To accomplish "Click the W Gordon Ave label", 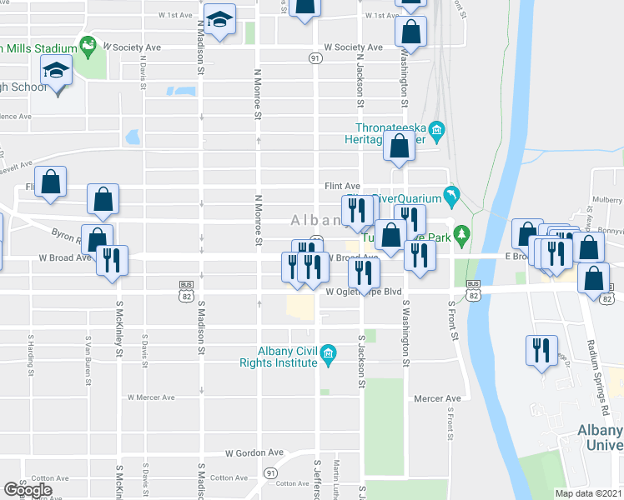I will coord(254,452).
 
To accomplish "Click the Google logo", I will coord(28,489).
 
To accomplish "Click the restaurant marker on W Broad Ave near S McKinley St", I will coord(112,259).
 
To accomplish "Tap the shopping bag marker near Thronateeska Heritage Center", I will coord(400,145).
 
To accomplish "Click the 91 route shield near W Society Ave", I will coord(315,58).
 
